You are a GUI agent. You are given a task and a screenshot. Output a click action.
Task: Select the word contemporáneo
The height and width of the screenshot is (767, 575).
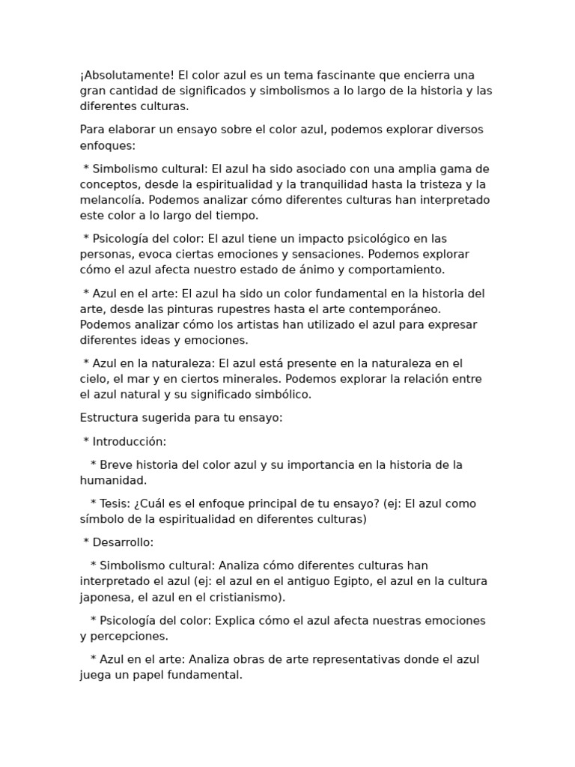(390, 309)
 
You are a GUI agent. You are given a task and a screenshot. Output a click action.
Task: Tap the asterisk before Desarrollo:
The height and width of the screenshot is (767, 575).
(86, 543)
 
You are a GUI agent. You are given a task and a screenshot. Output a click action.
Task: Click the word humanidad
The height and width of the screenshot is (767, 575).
(112, 480)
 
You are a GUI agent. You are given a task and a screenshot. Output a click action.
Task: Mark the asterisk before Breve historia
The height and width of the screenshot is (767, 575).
(93, 465)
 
